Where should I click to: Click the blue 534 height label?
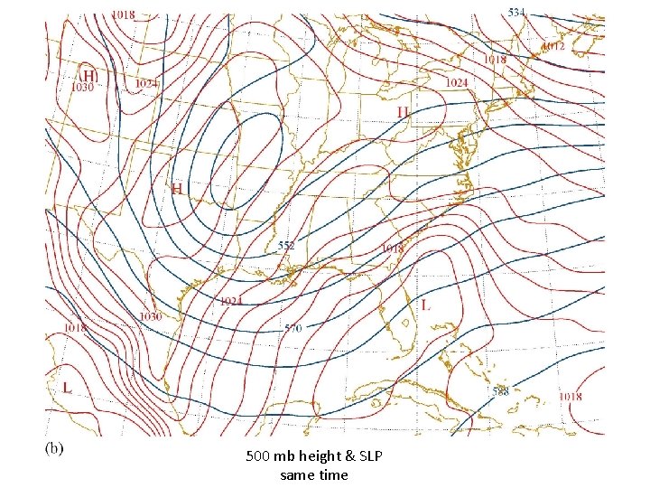[x=515, y=12]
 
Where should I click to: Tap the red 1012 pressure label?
[x=552, y=45]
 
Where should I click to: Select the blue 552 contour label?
[x=287, y=245]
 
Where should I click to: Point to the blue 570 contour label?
[x=292, y=328]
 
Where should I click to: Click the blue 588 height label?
[x=500, y=391]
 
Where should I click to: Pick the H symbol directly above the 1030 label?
[x=88, y=74]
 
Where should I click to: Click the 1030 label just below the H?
[x=82, y=88]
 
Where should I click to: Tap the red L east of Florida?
[x=426, y=305]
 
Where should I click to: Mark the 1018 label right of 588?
[x=570, y=396]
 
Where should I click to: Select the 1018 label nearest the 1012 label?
[x=495, y=60]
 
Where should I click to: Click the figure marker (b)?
[x=53, y=447]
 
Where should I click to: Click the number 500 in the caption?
[x=257, y=457]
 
